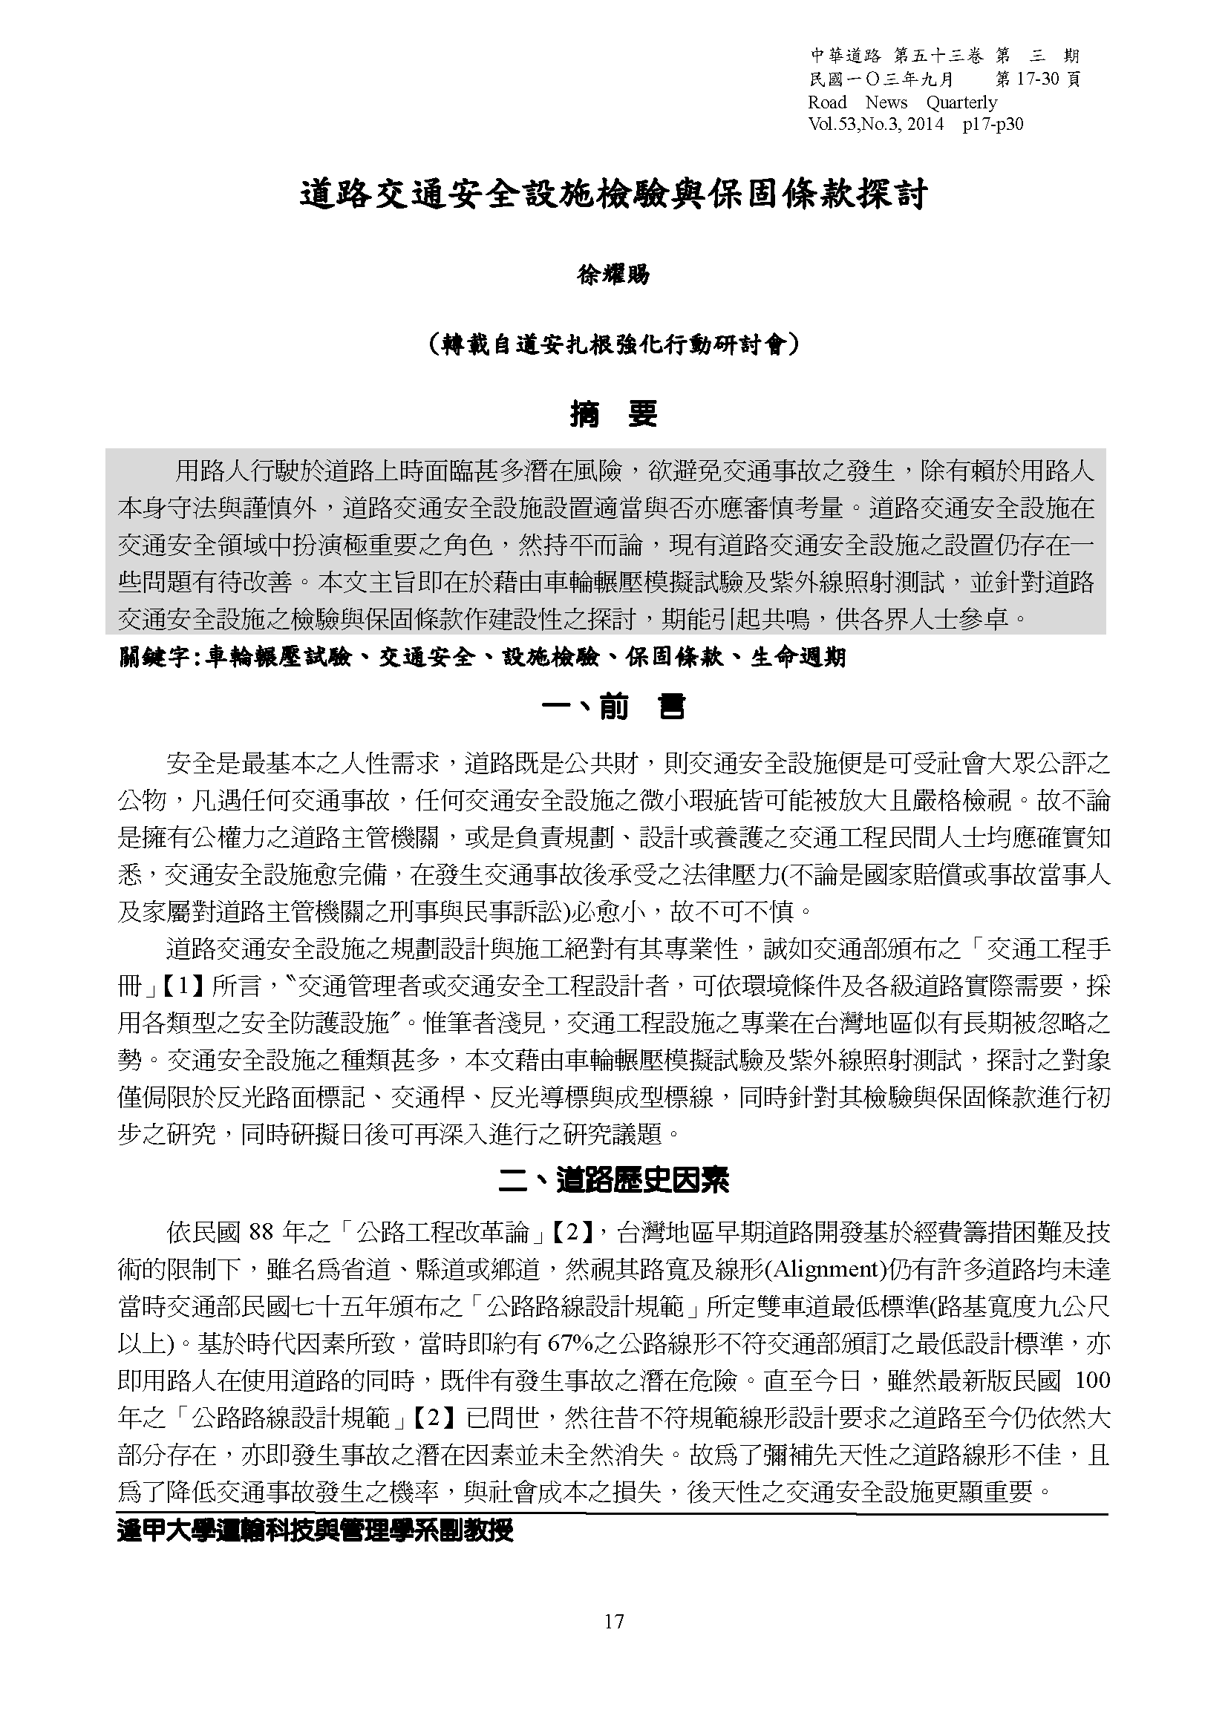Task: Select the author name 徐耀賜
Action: pos(613,275)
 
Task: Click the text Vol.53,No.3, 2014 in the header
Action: pos(875,124)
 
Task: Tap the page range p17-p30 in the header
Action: pos(993,124)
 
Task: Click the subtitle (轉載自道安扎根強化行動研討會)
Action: pos(613,346)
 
